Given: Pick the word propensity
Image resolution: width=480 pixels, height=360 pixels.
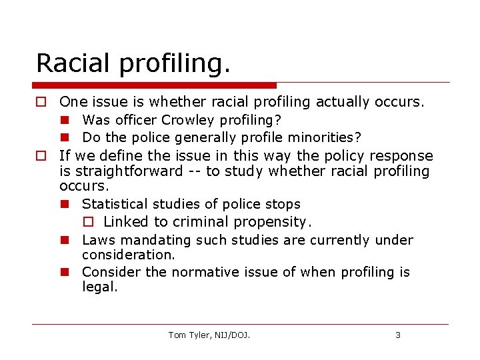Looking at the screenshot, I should click(273, 222).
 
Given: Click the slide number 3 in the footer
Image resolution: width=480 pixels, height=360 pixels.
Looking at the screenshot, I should click(398, 335).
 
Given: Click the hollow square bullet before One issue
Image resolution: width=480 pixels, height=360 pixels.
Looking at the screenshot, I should click(41, 102).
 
